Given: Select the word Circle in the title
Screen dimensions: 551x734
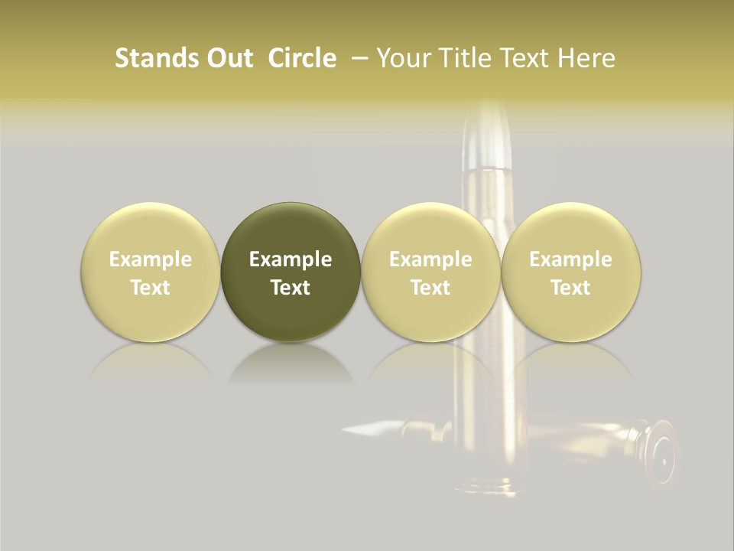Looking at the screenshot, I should (302, 58).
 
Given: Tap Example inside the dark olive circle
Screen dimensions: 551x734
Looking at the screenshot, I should (291, 259).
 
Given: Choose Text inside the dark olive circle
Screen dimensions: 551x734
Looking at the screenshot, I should (291, 288).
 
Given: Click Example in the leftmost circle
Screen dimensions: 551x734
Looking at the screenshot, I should (150, 259).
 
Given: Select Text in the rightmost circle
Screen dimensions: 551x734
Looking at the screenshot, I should (570, 288).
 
